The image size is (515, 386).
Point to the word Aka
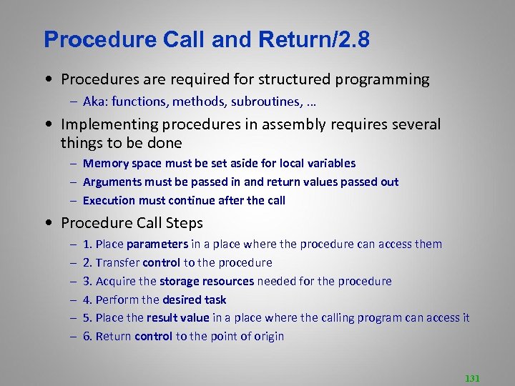[x=94, y=102]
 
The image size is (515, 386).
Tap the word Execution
[x=110, y=200]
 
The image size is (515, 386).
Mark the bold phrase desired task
[x=194, y=300]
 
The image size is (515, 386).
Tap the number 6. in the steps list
[x=87, y=336]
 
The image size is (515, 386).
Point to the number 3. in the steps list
[x=87, y=281]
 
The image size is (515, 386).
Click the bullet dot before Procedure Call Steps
[x=46, y=223]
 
